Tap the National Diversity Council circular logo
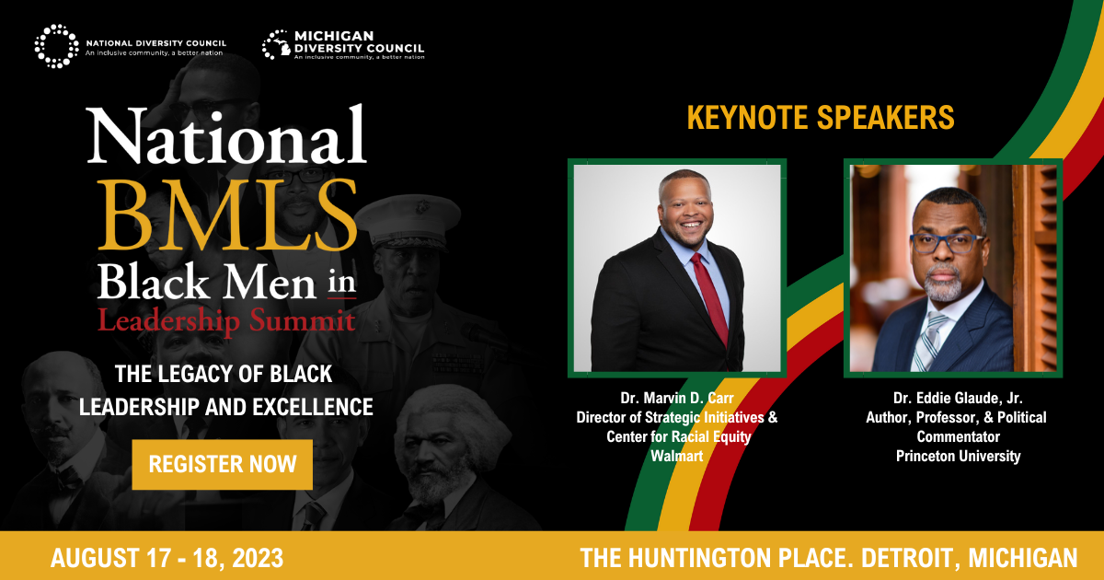57,45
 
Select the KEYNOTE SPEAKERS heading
820,118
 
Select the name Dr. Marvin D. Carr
677,398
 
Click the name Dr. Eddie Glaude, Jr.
957,398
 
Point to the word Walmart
677,456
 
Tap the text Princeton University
957,456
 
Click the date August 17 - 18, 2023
167,558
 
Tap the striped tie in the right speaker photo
929,340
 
